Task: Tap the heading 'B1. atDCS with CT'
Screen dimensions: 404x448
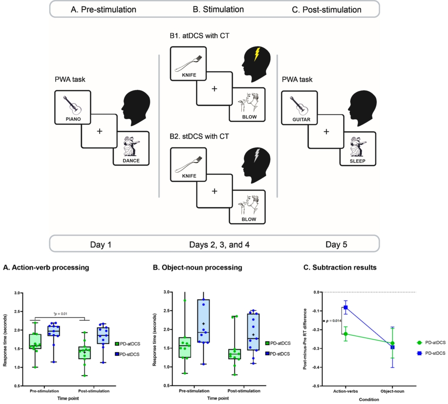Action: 200,36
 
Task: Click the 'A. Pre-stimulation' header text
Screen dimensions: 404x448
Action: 103,9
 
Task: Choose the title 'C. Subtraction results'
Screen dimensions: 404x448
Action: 341,267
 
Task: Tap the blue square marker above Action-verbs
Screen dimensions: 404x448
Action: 345,307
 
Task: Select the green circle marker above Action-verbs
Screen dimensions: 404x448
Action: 345,334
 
